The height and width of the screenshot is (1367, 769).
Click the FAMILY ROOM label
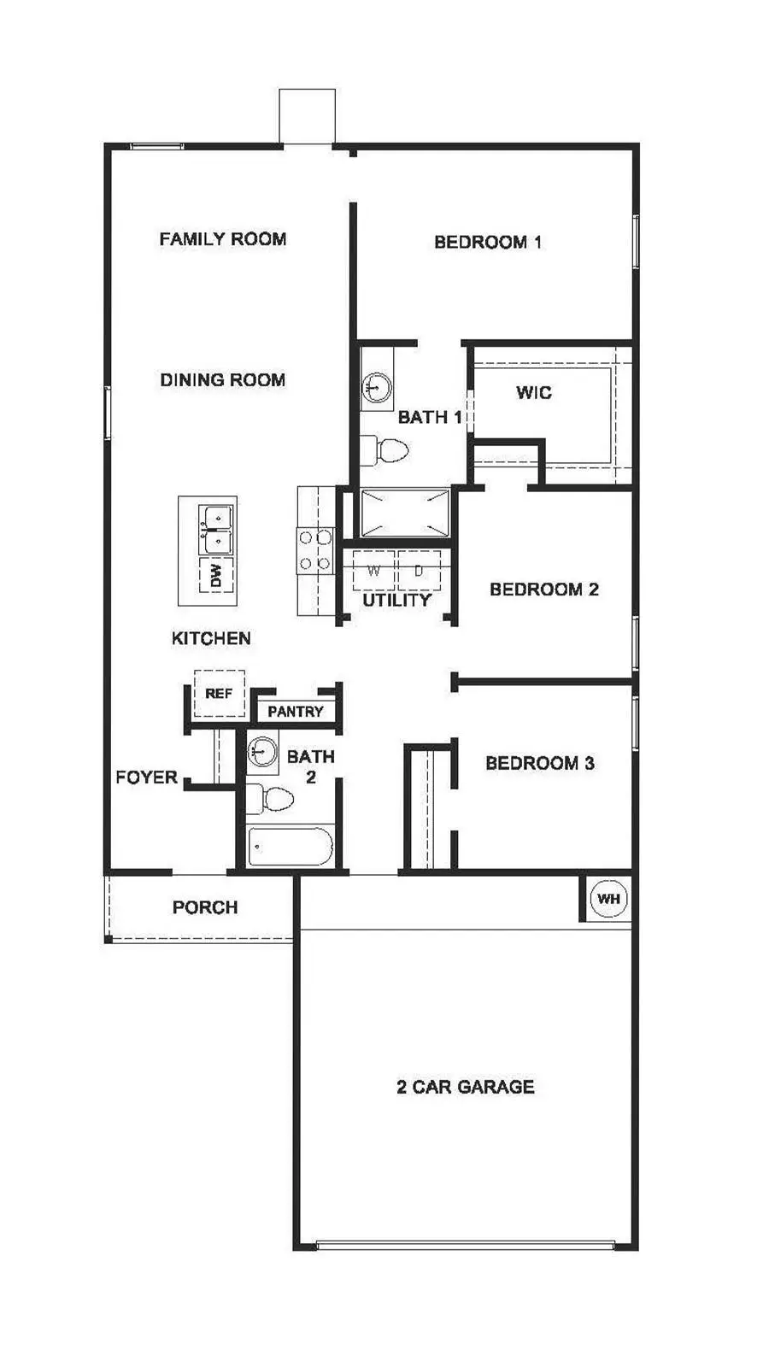pyautogui.click(x=223, y=238)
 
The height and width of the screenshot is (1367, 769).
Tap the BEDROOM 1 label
pyautogui.click(x=488, y=243)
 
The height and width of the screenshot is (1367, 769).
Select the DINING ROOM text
pyautogui.click(x=223, y=379)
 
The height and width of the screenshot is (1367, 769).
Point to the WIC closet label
pyautogui.click(x=534, y=392)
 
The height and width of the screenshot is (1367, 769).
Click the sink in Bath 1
pyautogui.click(x=377, y=386)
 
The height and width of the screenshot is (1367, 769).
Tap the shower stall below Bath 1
pyautogui.click(x=405, y=513)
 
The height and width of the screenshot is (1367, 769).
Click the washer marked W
pyautogui.click(x=374, y=571)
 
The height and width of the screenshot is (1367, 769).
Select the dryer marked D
pyautogui.click(x=420, y=571)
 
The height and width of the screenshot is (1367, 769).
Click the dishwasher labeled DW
pyautogui.click(x=216, y=575)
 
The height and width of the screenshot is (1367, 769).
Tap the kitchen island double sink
pyautogui.click(x=215, y=529)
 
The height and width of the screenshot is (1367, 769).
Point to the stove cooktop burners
pyautogui.click(x=315, y=551)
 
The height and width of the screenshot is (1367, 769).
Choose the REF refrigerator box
pyautogui.click(x=220, y=694)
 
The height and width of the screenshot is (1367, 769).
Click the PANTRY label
pyautogui.click(x=296, y=712)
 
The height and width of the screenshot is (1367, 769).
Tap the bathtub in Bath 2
pyautogui.click(x=291, y=847)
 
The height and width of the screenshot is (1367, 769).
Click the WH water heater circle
pyautogui.click(x=608, y=898)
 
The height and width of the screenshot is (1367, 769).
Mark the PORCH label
pyautogui.click(x=205, y=907)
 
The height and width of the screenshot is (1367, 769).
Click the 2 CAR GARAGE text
pyautogui.click(x=466, y=1087)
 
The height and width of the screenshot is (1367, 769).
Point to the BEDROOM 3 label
pyautogui.click(x=540, y=763)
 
